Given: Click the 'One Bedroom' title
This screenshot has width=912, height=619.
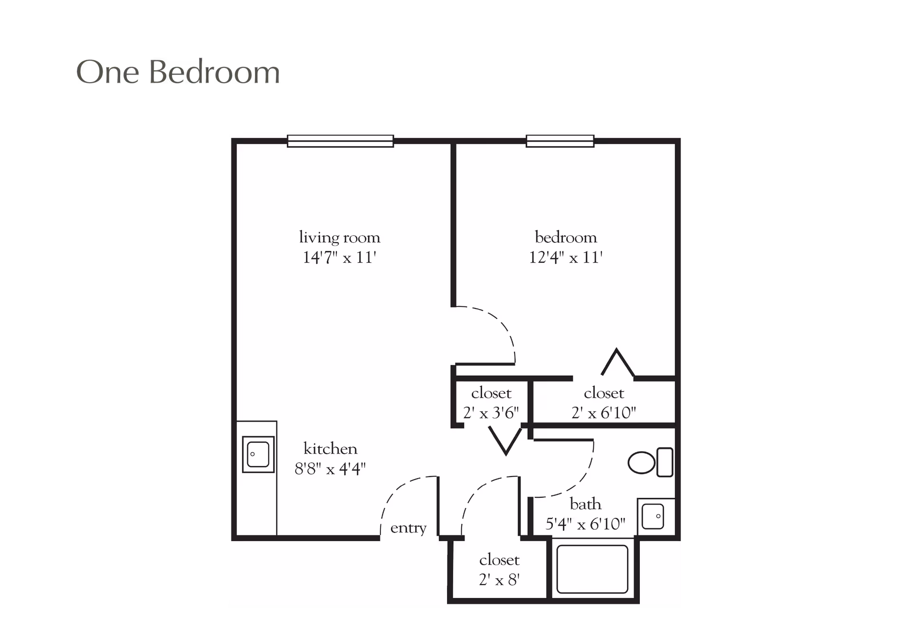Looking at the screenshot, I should (x=178, y=73).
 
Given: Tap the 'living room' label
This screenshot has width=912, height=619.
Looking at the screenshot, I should (x=340, y=237).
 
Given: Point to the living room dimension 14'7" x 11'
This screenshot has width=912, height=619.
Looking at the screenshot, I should (x=340, y=257).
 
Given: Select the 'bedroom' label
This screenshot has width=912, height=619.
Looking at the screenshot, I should (x=566, y=237).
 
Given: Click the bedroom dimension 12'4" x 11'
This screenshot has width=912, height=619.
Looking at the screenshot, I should (x=566, y=257).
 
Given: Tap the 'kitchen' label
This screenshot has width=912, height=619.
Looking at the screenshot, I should (x=331, y=448).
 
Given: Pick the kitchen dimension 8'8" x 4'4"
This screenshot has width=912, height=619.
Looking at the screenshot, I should (x=330, y=469).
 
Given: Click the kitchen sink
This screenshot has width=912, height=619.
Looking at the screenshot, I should (x=258, y=454).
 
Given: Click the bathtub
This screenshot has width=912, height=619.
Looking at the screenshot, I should (x=592, y=569).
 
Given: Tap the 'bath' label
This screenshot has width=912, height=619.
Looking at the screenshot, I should (x=585, y=504).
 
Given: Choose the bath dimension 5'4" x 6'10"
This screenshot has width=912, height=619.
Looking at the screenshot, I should (x=585, y=524).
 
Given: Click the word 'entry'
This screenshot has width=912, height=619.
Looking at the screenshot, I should (x=408, y=528).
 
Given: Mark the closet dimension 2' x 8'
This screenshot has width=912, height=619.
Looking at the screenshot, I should (x=499, y=580).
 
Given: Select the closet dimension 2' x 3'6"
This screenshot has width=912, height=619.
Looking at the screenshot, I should (x=491, y=413).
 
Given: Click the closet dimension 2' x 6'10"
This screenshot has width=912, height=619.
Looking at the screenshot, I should (x=604, y=413).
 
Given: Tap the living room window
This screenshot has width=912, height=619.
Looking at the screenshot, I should (x=340, y=141).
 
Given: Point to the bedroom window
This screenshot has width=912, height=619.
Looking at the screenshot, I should (x=560, y=141).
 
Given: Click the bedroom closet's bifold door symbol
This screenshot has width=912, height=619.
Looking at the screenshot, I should (x=617, y=363).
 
